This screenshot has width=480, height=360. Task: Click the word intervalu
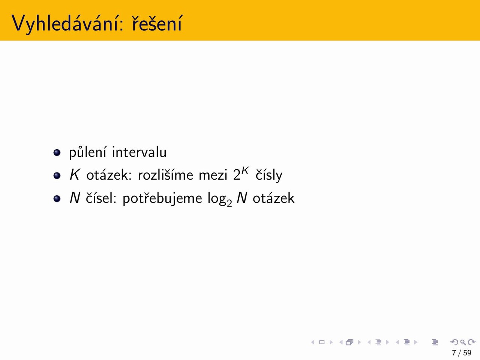[x=139, y=152]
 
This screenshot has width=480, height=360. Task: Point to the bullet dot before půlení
[x=57, y=153]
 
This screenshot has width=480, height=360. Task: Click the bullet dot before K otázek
[x=57, y=175]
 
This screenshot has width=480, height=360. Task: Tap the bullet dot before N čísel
[x=57, y=198]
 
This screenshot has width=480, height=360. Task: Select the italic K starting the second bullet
[x=75, y=175]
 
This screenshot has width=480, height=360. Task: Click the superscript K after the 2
[x=245, y=171]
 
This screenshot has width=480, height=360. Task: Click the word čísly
[x=269, y=175]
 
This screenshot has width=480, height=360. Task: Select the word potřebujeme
[x=162, y=198]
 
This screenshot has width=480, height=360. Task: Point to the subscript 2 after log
[x=229, y=204]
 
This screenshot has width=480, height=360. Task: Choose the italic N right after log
[x=242, y=198]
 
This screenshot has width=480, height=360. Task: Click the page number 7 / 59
[x=462, y=353]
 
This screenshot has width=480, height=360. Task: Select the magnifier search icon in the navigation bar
[x=463, y=342]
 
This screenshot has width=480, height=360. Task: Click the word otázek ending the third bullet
[x=274, y=198]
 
